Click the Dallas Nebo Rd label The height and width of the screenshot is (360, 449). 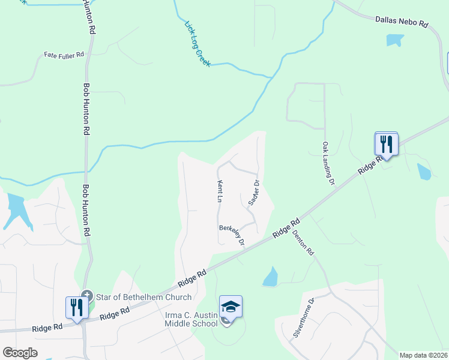(x=402, y=22)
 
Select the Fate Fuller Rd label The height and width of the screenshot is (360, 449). (x=64, y=55)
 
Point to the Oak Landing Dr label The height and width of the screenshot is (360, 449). (x=328, y=163)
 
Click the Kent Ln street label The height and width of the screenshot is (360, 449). (x=220, y=190)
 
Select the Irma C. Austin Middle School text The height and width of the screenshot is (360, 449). (x=191, y=319)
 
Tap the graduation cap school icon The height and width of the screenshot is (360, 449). (x=231, y=307)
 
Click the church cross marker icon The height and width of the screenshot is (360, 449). (x=87, y=296)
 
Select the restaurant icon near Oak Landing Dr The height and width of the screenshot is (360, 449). (x=386, y=144)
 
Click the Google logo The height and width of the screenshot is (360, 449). (x=20, y=353)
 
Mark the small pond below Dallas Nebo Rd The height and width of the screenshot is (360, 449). (x=395, y=40)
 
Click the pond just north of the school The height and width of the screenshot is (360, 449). (x=270, y=277)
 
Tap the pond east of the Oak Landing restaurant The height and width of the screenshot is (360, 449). (x=424, y=172)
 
